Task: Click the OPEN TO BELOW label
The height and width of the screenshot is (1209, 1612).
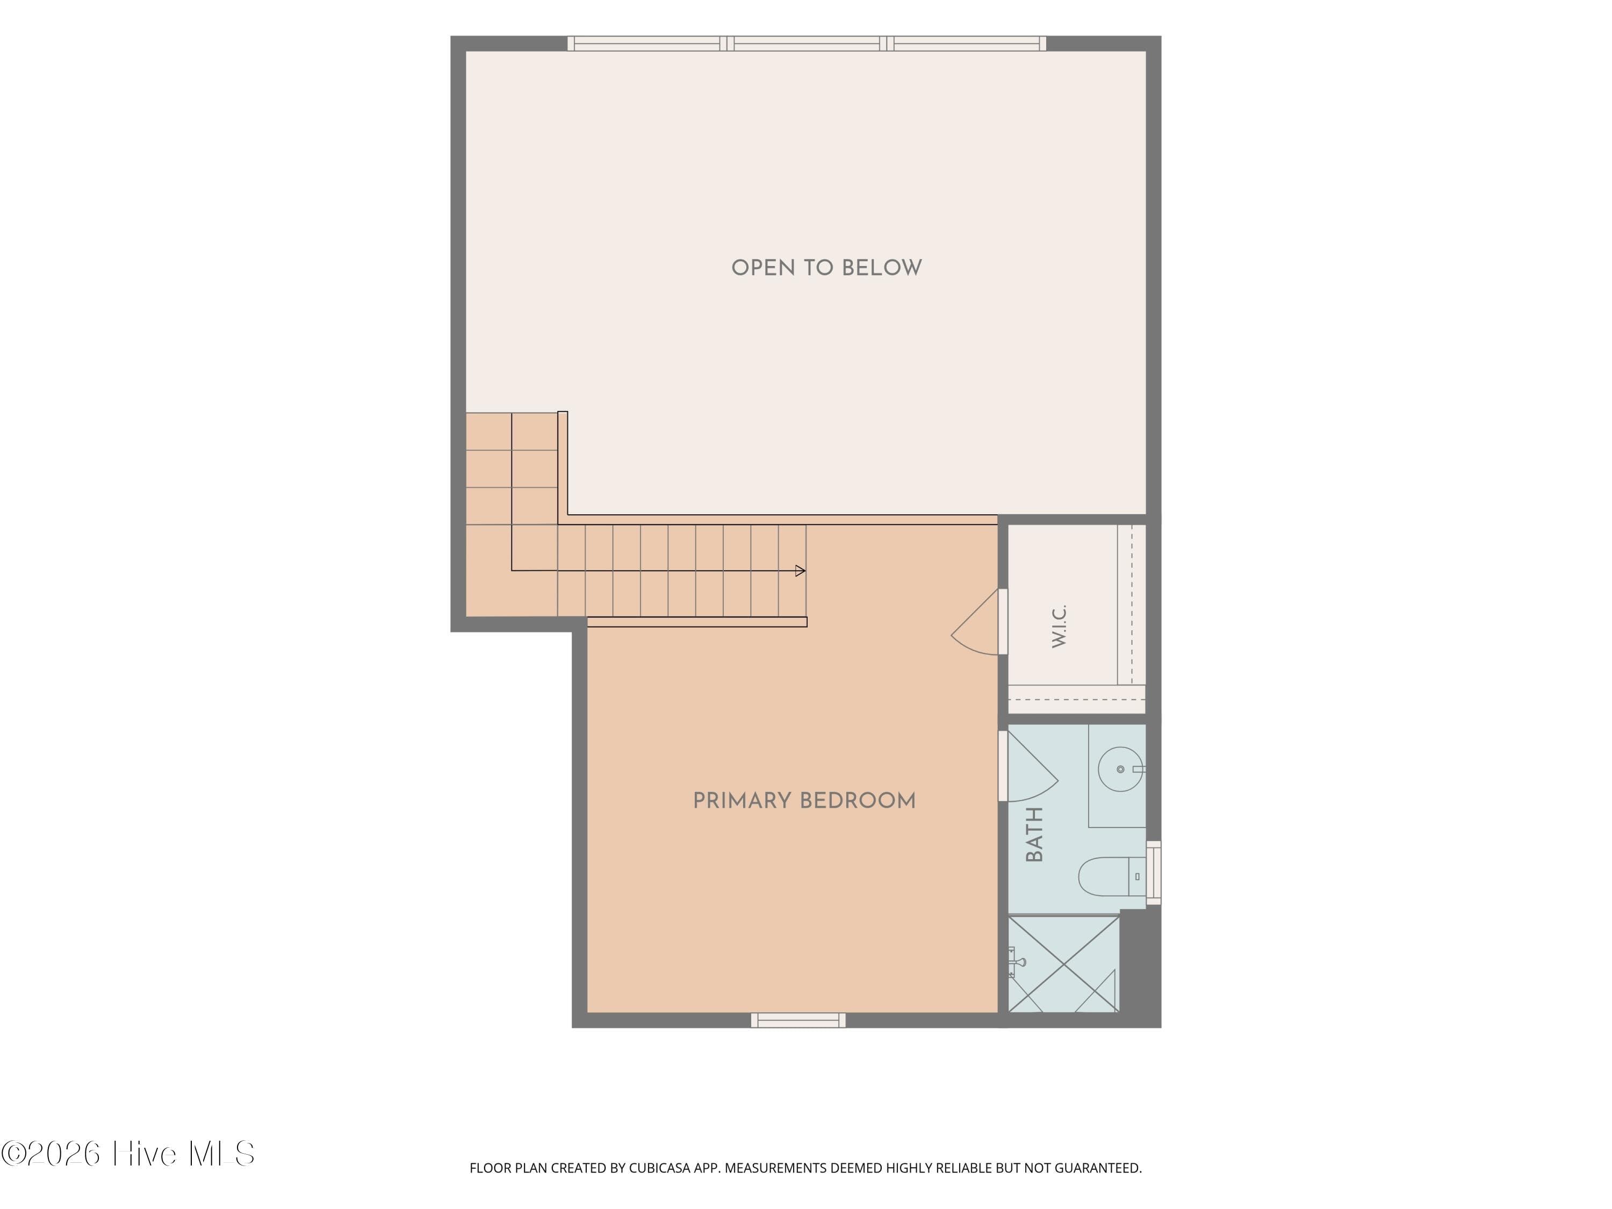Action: (x=826, y=268)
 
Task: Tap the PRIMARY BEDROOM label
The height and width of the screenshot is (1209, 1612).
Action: (x=804, y=801)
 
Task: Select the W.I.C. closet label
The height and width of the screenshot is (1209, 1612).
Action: (x=1059, y=626)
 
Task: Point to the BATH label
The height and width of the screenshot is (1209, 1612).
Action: (x=1034, y=834)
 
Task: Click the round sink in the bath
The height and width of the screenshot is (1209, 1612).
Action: (x=1121, y=769)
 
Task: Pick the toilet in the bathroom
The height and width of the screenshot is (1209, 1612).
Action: (x=1111, y=876)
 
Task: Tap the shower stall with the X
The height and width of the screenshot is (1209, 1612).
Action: (x=1063, y=964)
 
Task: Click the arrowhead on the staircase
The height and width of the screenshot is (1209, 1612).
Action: (x=800, y=571)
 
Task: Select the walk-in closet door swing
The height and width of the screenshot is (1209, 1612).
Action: (x=975, y=622)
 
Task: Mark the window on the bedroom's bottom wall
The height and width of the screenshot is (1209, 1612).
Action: (x=798, y=1020)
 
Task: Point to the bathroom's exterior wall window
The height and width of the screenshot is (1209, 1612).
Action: (x=1154, y=873)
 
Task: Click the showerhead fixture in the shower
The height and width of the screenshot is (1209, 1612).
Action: (x=1016, y=962)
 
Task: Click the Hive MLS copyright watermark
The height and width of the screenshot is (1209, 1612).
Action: (x=127, y=1154)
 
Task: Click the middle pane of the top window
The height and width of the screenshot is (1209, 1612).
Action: (x=807, y=44)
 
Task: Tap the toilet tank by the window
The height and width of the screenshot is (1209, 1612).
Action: (x=1137, y=876)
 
